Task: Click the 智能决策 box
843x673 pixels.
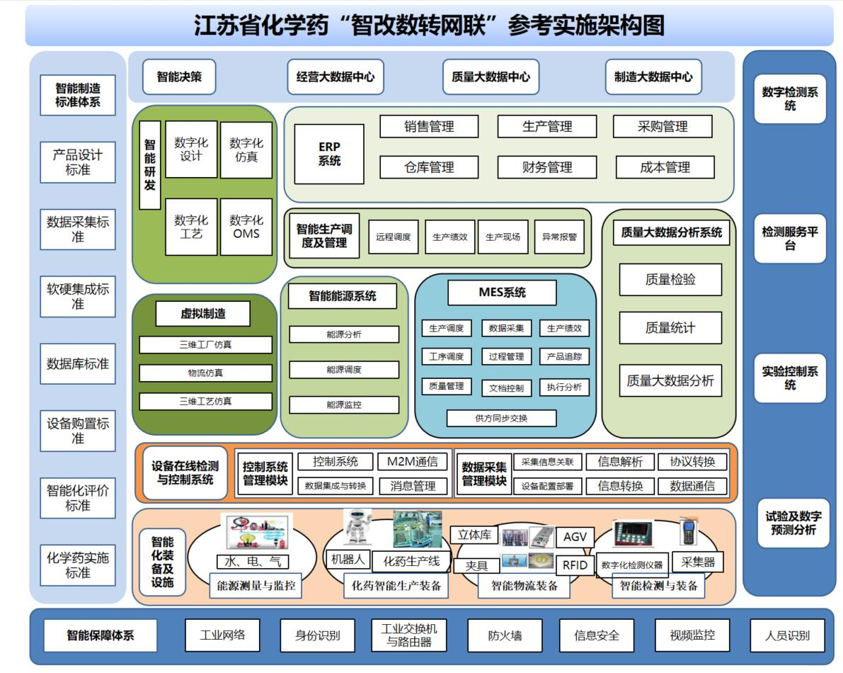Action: tap(179, 77)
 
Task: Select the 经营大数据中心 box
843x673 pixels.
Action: tap(336, 77)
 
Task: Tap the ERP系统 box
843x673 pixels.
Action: tap(329, 154)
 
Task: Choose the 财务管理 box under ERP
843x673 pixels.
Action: tap(546, 168)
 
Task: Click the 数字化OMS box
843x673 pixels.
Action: tap(246, 227)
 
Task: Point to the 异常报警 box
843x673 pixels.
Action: tap(559, 237)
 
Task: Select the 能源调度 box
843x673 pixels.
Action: tap(344, 370)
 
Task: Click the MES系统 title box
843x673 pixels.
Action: tap(502, 293)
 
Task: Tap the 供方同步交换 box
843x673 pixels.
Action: tap(501, 418)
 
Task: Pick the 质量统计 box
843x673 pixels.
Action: tap(670, 328)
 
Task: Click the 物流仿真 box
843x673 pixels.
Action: tap(205, 373)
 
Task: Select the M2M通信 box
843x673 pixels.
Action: tap(413, 462)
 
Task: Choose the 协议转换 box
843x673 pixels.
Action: tap(692, 462)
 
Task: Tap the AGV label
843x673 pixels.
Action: tap(575, 537)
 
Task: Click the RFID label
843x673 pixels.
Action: tap(575, 565)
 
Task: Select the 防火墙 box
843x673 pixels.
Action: tap(505, 635)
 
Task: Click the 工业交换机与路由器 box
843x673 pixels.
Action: tap(409, 635)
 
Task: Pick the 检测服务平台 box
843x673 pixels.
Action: tap(790, 239)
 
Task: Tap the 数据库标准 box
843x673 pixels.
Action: tap(78, 364)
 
